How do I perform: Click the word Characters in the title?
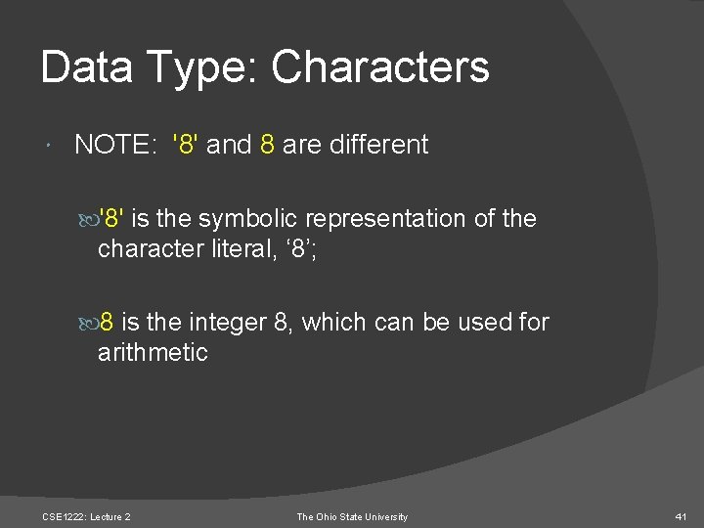380,67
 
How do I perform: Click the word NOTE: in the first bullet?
112,145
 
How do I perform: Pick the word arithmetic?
153,352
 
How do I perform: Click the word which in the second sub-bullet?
333,322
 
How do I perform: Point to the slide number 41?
682,516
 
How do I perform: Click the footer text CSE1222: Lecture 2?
87,516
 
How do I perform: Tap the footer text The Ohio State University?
352,516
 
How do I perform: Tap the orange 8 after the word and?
267,145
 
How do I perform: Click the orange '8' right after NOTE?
188,145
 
